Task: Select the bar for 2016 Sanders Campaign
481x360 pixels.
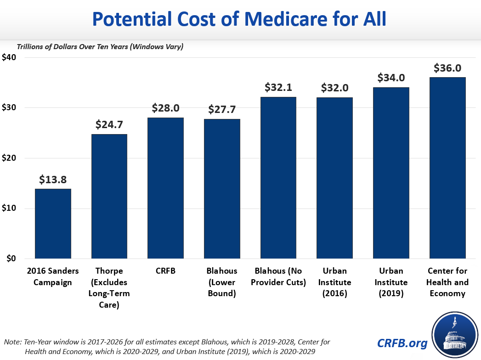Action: click(x=53, y=224)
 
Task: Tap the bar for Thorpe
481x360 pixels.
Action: click(x=109, y=197)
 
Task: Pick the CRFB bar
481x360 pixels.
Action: click(x=165, y=188)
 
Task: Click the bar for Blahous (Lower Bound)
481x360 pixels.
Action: click(x=222, y=189)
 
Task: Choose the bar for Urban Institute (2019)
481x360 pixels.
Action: click(x=391, y=173)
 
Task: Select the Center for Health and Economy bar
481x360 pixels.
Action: click(x=447, y=168)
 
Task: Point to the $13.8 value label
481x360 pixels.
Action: click(x=53, y=180)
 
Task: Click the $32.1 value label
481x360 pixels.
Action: click(x=278, y=88)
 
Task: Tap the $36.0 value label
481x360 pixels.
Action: click(x=447, y=68)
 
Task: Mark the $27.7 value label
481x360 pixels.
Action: click(x=222, y=110)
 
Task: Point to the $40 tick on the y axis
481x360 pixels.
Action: click(x=9, y=57)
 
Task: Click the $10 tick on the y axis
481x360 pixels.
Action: click(x=9, y=208)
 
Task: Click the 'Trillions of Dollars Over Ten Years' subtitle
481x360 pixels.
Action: click(x=100, y=47)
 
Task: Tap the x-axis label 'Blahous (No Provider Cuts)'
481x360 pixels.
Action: click(x=278, y=276)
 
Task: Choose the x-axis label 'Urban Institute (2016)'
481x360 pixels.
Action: click(x=334, y=282)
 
